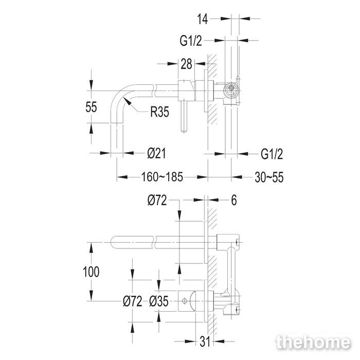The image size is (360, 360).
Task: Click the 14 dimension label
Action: click(203, 19)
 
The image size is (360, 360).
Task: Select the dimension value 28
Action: click(186, 64)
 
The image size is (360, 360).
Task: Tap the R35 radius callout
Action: click(159, 112)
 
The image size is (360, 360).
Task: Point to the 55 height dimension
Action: click(91, 107)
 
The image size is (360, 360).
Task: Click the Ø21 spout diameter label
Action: click(156, 153)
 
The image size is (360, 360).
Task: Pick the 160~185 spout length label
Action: click(162, 177)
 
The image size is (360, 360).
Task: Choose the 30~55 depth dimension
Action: click(269, 177)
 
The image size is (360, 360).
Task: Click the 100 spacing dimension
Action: click(91, 272)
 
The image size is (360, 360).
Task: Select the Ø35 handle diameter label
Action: click(158, 301)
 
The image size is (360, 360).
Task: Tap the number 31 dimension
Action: click(205, 342)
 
